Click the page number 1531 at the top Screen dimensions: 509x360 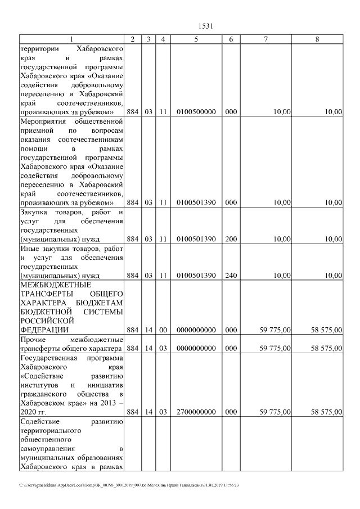(x=204, y=26)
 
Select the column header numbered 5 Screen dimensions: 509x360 (x=196, y=39)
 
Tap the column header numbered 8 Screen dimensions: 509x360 (x=317, y=39)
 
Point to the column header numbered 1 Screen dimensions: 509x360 (x=71, y=39)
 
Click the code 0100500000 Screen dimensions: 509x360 (x=196, y=112)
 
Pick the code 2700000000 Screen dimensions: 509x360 (x=196, y=412)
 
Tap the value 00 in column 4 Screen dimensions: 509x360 (x=163, y=330)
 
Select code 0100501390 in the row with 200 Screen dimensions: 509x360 (x=196, y=239)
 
